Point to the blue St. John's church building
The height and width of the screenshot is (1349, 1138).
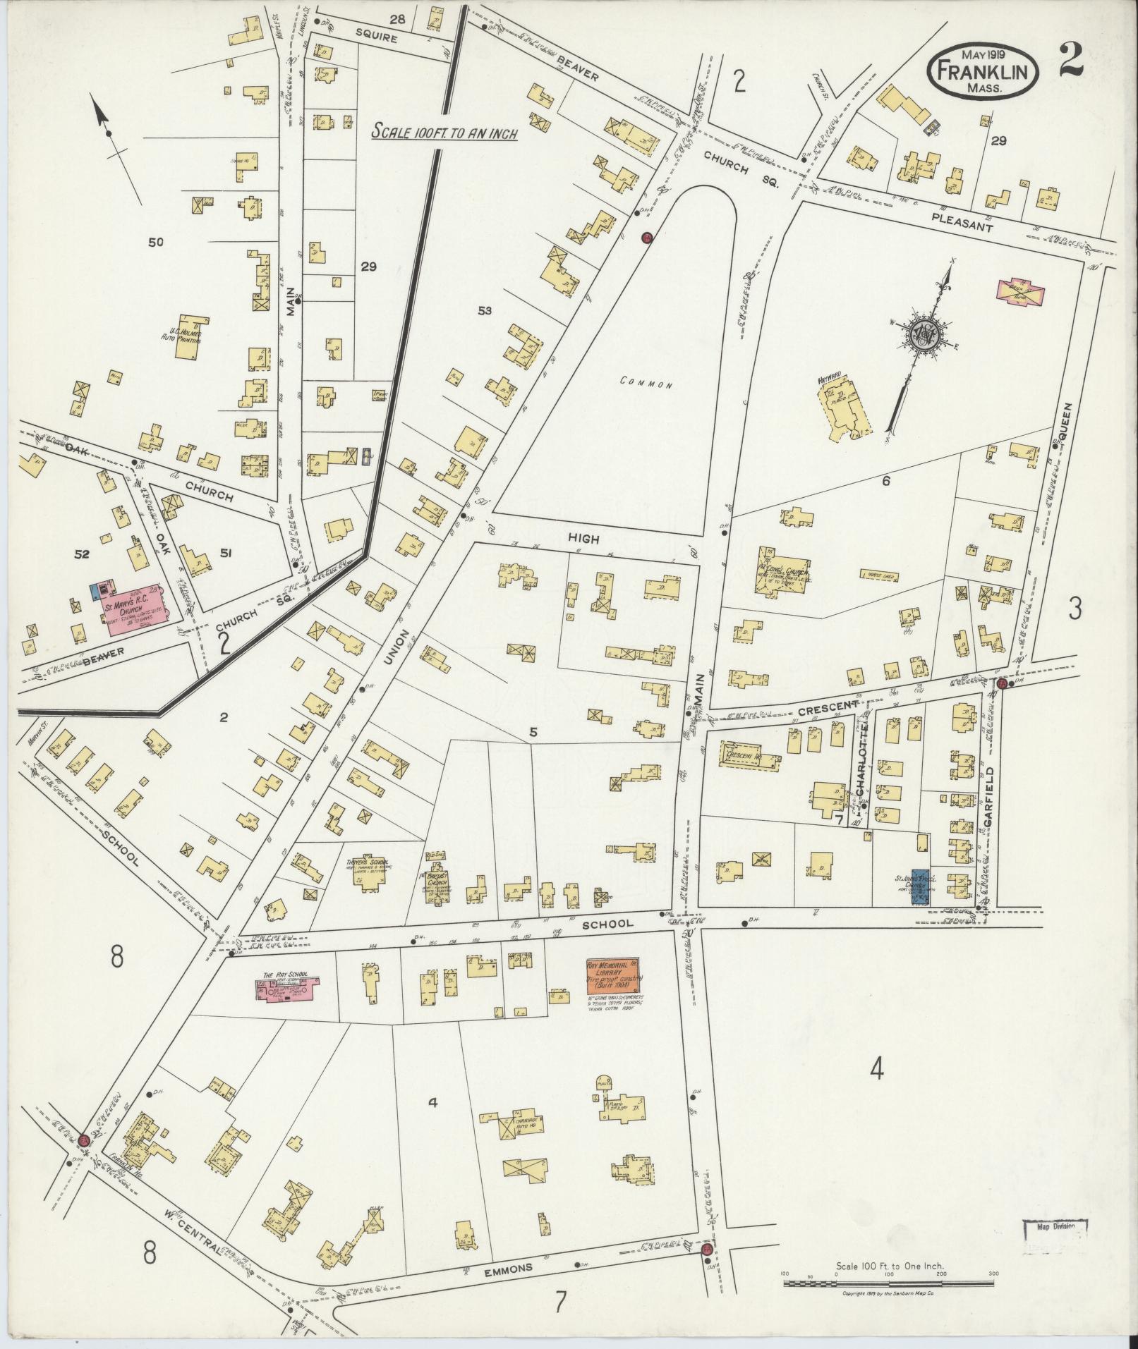pyautogui.click(x=921, y=886)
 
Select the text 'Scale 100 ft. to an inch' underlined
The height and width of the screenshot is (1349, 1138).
pyautogui.click(x=445, y=132)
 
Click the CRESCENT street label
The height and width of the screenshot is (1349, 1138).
pyautogui.click(x=828, y=705)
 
